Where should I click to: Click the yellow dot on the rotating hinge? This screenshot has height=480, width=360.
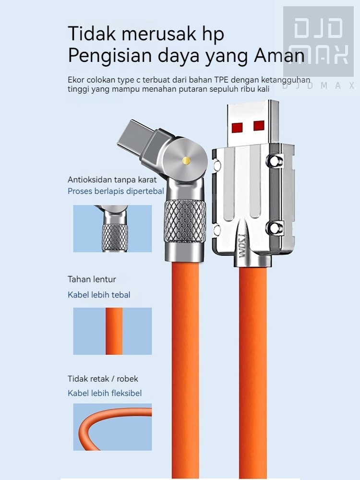[x=186, y=160]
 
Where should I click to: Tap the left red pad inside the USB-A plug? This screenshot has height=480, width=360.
[x=237, y=127]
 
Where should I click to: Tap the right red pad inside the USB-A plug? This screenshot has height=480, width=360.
[x=259, y=125]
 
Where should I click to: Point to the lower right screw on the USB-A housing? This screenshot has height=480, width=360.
[x=274, y=228]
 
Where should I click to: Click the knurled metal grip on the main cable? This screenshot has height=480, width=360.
[x=185, y=221]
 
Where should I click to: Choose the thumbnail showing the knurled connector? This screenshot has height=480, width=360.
[x=112, y=228]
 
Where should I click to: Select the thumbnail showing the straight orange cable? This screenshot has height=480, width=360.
[x=112, y=331]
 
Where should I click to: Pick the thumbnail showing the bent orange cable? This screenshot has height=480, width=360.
[x=112, y=427]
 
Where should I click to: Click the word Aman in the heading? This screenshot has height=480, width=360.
[x=279, y=56]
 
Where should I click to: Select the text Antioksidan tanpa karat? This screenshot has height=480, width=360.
[x=112, y=180]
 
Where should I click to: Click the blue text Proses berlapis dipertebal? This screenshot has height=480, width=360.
[x=116, y=192]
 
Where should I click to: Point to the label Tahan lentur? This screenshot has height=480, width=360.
[x=92, y=279]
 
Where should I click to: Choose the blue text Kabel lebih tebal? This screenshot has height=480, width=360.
[x=99, y=295]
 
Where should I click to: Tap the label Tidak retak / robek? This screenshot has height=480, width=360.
[x=103, y=379]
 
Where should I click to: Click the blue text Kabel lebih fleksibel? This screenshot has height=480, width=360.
[x=105, y=393]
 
